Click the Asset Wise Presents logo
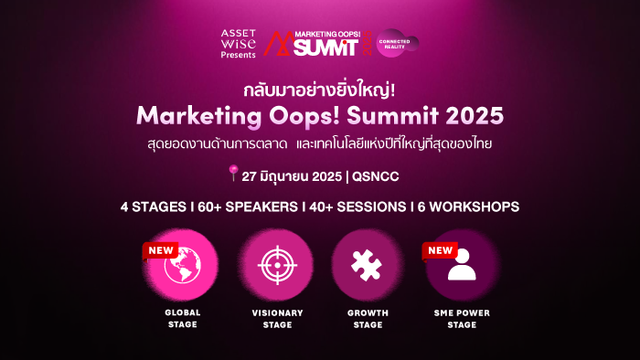point(239,44)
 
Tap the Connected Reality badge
point(396,43)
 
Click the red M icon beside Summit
point(278,43)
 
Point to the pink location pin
point(233,173)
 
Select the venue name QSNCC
point(376,176)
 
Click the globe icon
point(183,265)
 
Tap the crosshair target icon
point(278,265)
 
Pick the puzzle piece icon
point(367,265)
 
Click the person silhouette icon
point(462,265)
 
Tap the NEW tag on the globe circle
point(160,250)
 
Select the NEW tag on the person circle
point(440,250)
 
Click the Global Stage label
point(183,318)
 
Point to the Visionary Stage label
point(278,319)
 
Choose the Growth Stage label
point(368,319)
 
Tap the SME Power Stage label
point(462,319)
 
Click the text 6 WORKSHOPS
point(468,207)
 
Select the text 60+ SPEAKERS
point(248,207)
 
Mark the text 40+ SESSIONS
point(357,207)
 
